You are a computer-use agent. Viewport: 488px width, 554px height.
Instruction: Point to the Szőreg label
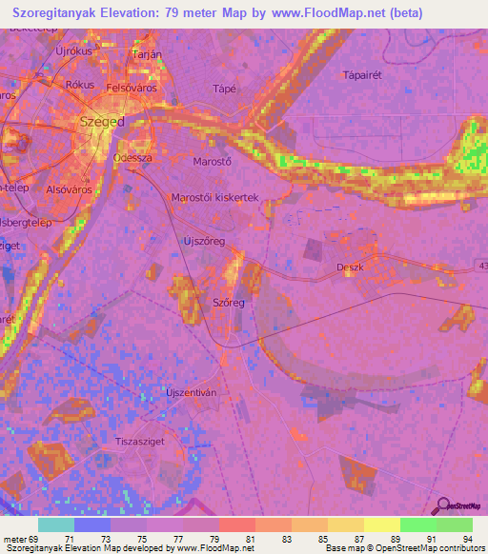[x=229, y=303]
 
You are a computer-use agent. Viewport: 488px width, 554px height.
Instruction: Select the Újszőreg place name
[x=203, y=242]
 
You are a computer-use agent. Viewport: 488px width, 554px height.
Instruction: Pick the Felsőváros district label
[x=131, y=88]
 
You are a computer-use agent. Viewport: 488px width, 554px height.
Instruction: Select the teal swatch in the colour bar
[x=55, y=525]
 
